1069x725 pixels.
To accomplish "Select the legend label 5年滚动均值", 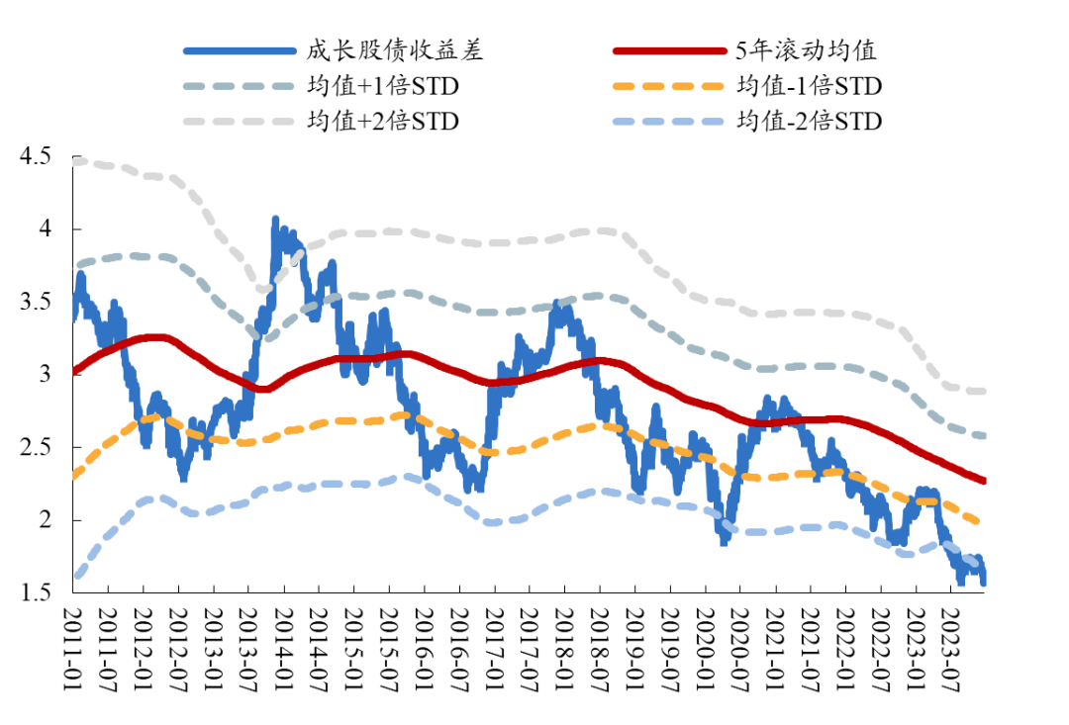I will (807, 50).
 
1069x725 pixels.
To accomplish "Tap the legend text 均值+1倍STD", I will (383, 86).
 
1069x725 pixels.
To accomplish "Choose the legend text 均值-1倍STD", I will (809, 86).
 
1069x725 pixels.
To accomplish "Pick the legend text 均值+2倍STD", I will (383, 121).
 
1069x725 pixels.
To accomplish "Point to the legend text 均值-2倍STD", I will (809, 121).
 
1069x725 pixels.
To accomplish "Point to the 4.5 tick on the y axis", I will (36, 156).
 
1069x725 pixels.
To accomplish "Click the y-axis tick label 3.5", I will (36, 302).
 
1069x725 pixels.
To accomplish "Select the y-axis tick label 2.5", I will (36, 447).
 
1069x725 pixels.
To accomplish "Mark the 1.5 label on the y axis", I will (36, 592).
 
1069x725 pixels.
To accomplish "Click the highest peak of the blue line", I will (275, 220).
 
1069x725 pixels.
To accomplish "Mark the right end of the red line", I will (984, 482).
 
